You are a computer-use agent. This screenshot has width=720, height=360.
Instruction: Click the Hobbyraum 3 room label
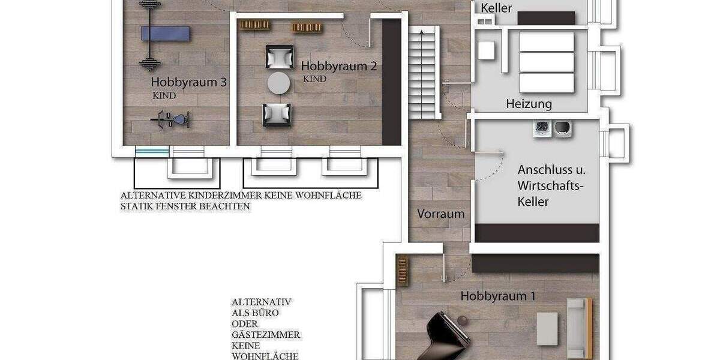(x=188, y=82)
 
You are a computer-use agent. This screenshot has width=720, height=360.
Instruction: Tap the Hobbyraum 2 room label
(x=338, y=66)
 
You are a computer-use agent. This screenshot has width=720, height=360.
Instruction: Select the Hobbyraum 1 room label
(x=498, y=296)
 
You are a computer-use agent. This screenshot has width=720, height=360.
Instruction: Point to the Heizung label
(x=529, y=104)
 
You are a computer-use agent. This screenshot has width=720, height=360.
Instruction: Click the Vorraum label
(x=441, y=214)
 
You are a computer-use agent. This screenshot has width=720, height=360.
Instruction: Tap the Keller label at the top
(x=497, y=8)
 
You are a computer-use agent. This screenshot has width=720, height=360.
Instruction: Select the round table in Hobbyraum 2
(x=278, y=83)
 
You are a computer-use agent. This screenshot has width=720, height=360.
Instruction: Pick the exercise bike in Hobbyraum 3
(x=170, y=120)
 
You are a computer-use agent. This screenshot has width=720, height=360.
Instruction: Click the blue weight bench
(x=165, y=33)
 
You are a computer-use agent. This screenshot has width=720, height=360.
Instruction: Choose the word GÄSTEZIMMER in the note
(x=266, y=335)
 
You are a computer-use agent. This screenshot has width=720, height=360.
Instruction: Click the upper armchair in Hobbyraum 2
(x=278, y=56)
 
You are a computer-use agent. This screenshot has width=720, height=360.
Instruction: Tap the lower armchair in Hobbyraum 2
(x=277, y=113)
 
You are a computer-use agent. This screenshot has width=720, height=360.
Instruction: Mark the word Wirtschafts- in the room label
(x=550, y=186)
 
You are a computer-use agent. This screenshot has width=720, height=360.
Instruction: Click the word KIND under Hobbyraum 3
(x=164, y=95)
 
